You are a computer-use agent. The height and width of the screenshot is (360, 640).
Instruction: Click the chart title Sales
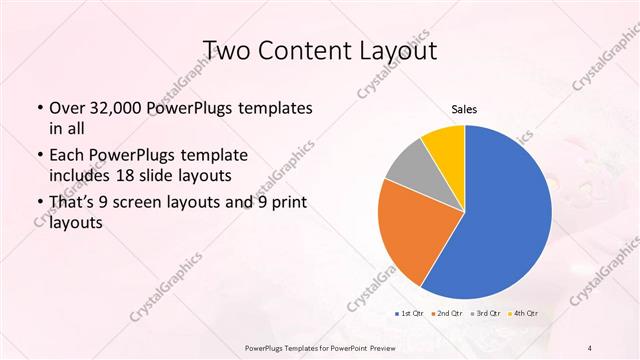click(x=464, y=108)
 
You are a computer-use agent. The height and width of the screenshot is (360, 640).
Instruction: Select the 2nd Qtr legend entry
click(x=446, y=313)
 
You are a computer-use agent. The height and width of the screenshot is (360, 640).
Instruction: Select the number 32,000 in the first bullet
click(x=118, y=108)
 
